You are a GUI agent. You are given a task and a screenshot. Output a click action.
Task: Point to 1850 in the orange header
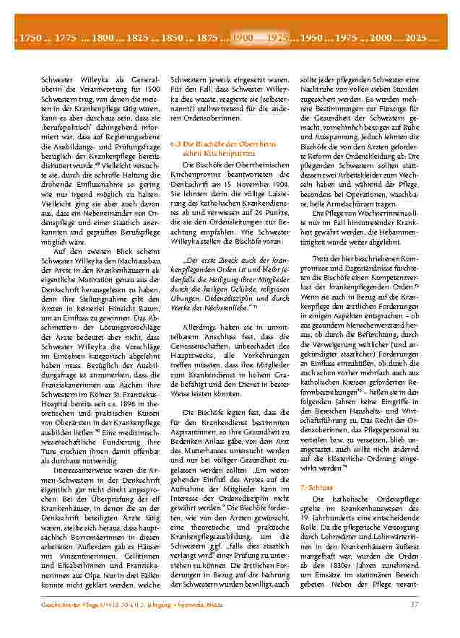click(x=173, y=36)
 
